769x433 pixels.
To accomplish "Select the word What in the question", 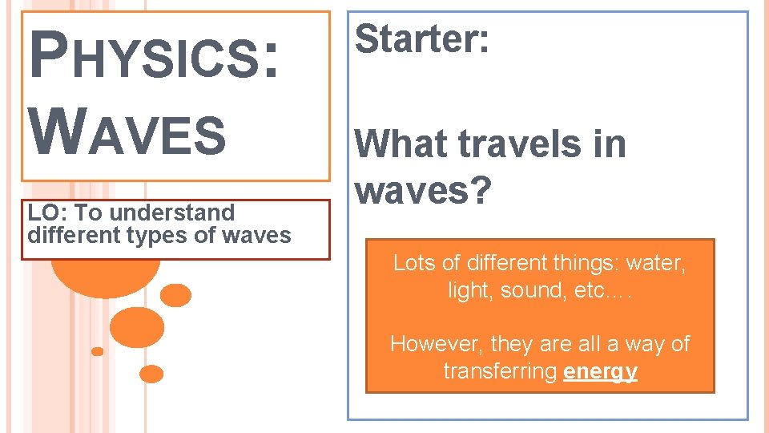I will pos(403,144).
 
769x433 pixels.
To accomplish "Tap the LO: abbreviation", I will pos(46,212).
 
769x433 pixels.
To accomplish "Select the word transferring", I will pos(501,371).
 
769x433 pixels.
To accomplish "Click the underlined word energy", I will pos(600,372).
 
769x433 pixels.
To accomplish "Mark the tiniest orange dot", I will pos(98,351).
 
